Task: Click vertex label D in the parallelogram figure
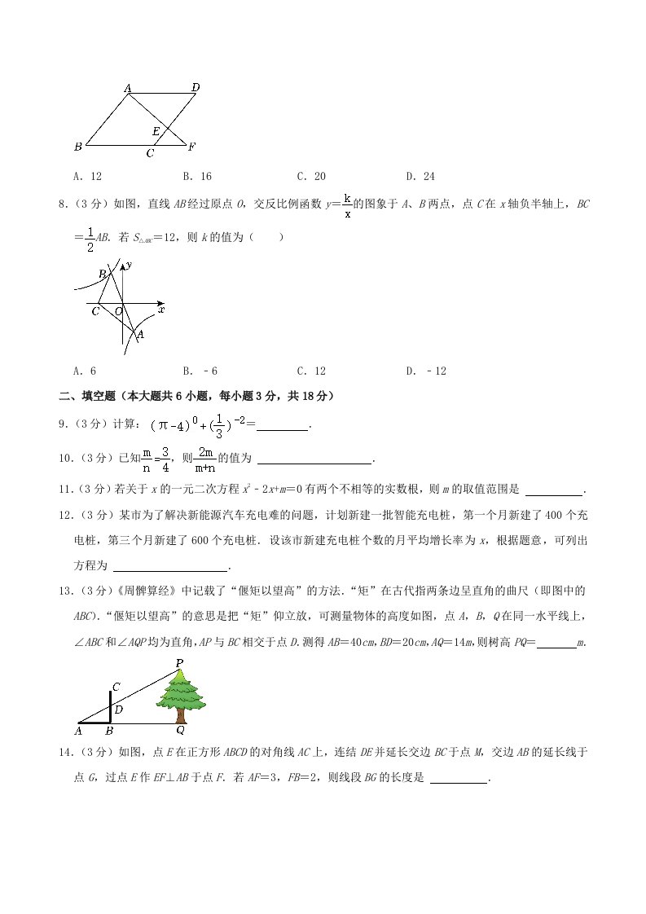[196, 87]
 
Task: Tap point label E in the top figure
[156, 130]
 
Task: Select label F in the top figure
[191, 147]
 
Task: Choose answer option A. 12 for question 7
[87, 176]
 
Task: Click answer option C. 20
[311, 176]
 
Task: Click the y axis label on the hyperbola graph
[130, 265]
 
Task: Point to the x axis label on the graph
[161, 310]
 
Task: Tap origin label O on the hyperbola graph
[118, 311]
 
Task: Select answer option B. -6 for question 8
[200, 371]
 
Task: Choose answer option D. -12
[426, 371]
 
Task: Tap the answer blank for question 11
[555, 490]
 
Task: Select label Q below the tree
[180, 731]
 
